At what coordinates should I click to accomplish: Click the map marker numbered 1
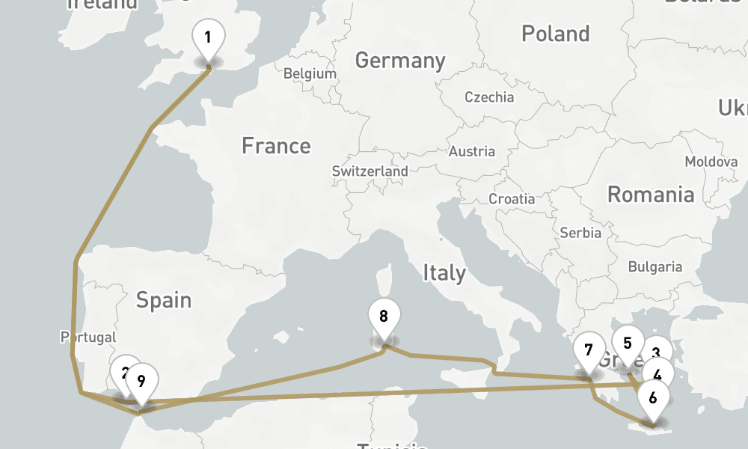208,37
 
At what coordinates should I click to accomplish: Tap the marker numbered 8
384,316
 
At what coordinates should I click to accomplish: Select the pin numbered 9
141,380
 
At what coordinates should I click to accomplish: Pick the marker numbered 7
589,350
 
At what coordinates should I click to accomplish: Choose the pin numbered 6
653,398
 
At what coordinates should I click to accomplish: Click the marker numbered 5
627,343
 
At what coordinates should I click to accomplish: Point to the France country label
276,146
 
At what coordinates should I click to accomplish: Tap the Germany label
400,61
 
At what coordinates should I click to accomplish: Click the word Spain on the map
164,300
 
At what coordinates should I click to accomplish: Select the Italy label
444,273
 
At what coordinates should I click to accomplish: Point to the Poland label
556,34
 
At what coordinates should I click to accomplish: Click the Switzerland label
370,171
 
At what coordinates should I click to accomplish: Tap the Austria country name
472,151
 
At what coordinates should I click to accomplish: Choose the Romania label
650,195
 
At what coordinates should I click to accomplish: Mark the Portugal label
88,337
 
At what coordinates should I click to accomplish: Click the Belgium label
310,74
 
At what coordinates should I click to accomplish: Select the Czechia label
489,97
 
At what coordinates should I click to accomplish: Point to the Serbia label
580,233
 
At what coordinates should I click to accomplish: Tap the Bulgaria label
654,266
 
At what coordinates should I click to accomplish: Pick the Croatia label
512,199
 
